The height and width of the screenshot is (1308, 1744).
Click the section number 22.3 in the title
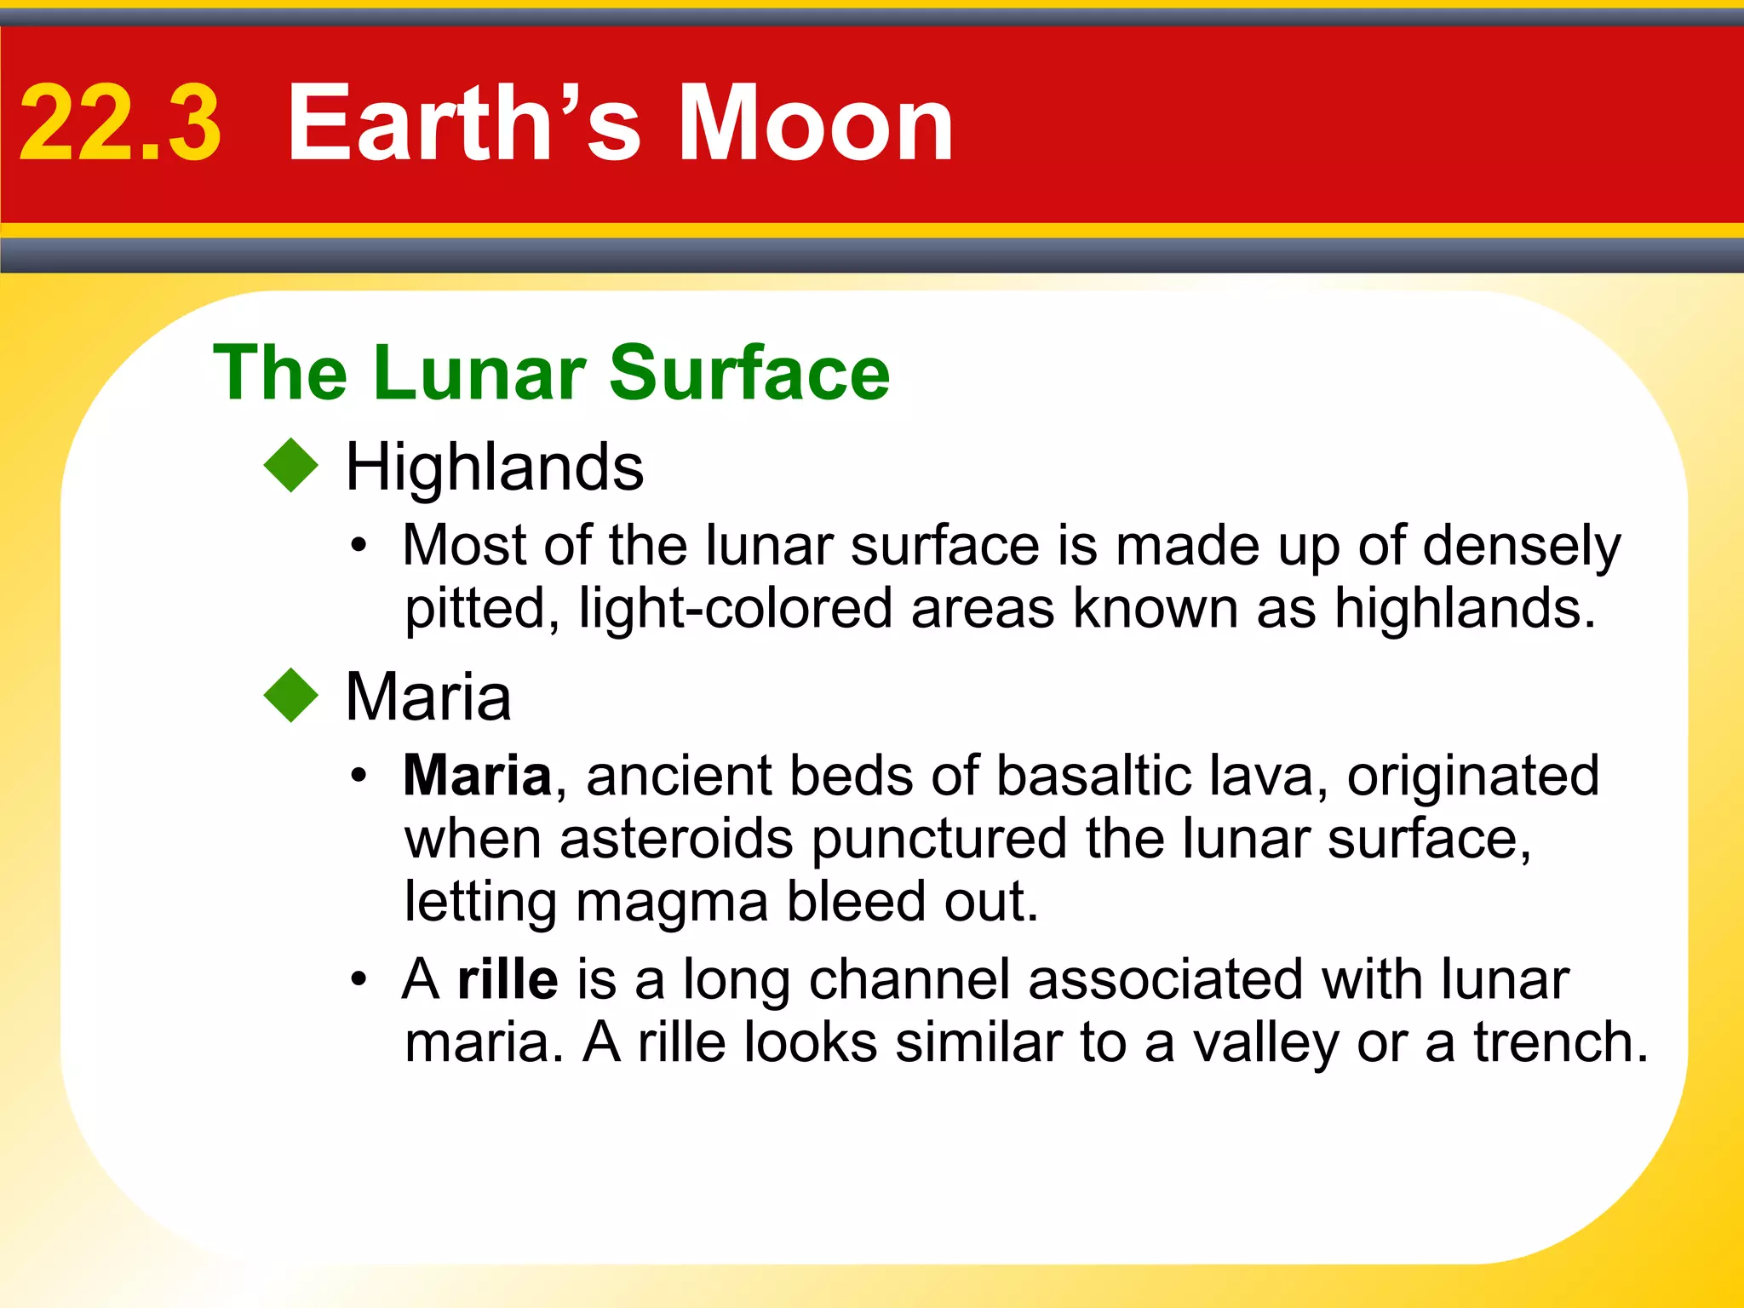point(120,123)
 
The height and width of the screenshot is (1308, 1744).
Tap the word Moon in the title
point(815,123)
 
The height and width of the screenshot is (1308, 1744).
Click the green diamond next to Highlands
point(291,465)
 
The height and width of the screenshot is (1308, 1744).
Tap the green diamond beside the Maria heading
point(291,695)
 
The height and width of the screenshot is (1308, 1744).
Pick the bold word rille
point(508,979)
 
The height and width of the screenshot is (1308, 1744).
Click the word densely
point(1522,547)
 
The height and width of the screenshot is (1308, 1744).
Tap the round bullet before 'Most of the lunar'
point(359,545)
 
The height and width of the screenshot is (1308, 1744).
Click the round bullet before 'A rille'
point(359,979)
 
